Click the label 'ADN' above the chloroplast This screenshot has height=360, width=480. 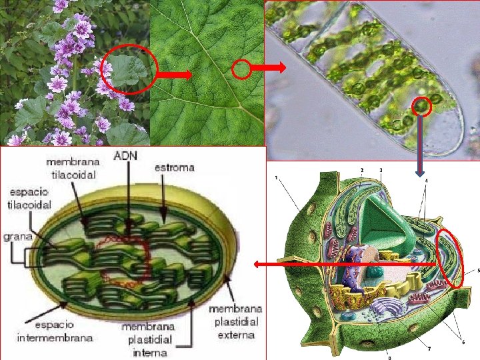[x=126, y=155]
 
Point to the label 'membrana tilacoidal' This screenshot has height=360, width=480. [x=71, y=168]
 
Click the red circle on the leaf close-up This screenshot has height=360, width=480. [x=241, y=68]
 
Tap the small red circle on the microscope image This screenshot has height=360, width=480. [x=421, y=105]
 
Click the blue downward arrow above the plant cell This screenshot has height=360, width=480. [x=420, y=147]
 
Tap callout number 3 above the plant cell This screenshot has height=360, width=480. [x=381, y=171]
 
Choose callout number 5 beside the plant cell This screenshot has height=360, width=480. [x=478, y=271]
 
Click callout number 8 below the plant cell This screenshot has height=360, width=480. [x=389, y=357]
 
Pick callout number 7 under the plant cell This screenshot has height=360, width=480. [x=429, y=348]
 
